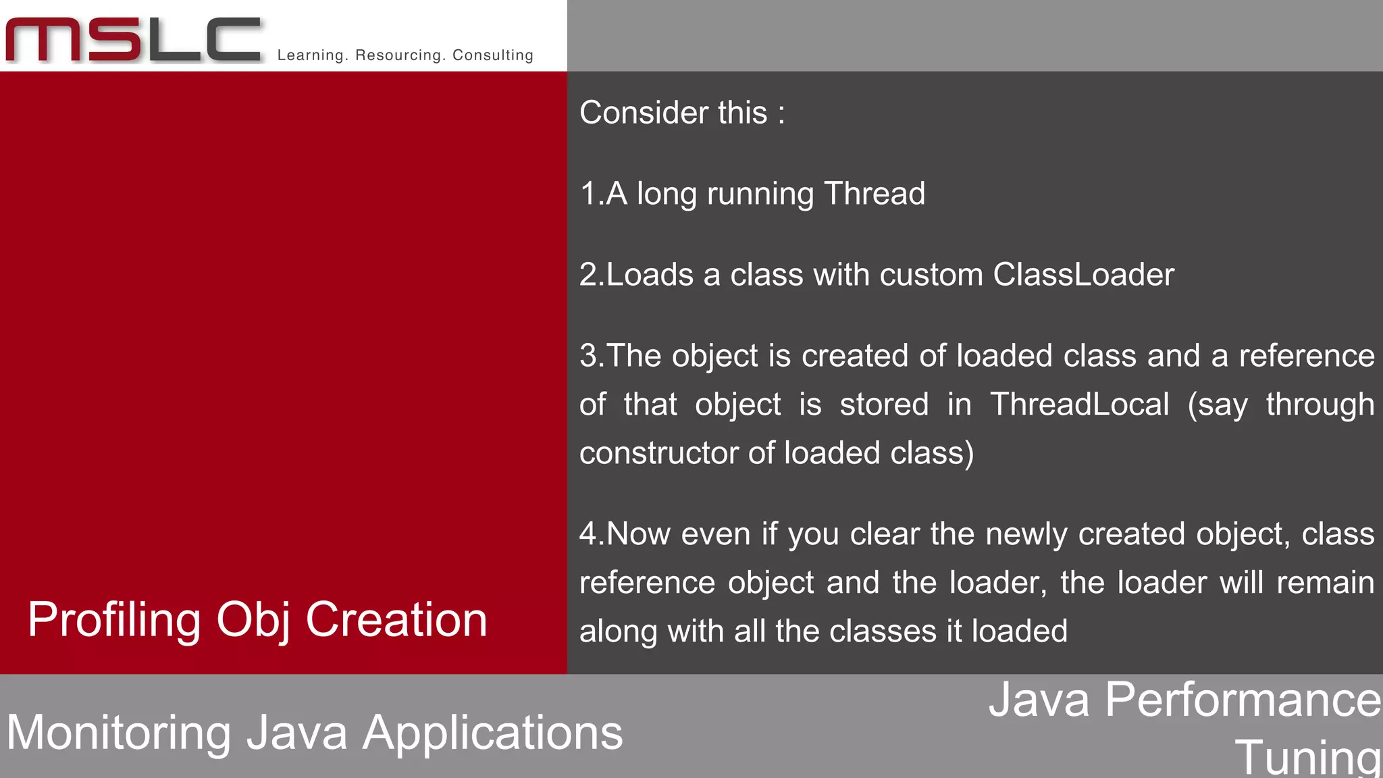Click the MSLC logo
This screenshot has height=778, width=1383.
pyautogui.click(x=133, y=41)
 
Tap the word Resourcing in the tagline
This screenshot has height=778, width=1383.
pyautogui.click(x=397, y=55)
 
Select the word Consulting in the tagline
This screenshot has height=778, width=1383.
pyautogui.click(x=493, y=55)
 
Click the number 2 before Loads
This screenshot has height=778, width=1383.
pyautogui.click(x=588, y=276)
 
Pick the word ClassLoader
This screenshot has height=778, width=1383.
pyautogui.click(x=1083, y=275)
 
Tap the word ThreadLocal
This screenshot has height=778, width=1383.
pyautogui.click(x=1079, y=405)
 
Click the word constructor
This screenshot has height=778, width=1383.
pyautogui.click(x=658, y=453)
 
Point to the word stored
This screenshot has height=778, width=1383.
pyautogui.click(x=884, y=405)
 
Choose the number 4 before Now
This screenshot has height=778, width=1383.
pyautogui.click(x=588, y=534)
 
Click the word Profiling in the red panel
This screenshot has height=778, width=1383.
pyautogui.click(x=114, y=621)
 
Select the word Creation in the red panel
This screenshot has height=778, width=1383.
pyautogui.click(x=396, y=619)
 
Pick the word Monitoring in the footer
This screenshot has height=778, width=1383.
pyautogui.click(x=118, y=733)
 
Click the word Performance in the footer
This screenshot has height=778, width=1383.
pyautogui.click(x=1243, y=700)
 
